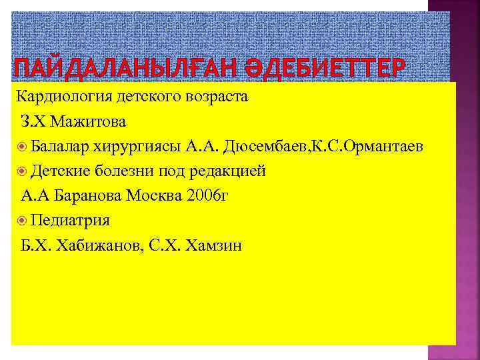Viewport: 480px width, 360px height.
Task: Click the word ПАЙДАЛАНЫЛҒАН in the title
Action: click(100, 68)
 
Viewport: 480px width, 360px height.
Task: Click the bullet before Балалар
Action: click(22, 147)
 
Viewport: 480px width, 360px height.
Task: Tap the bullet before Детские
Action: click(22, 171)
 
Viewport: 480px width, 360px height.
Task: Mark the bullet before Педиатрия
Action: click(22, 221)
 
